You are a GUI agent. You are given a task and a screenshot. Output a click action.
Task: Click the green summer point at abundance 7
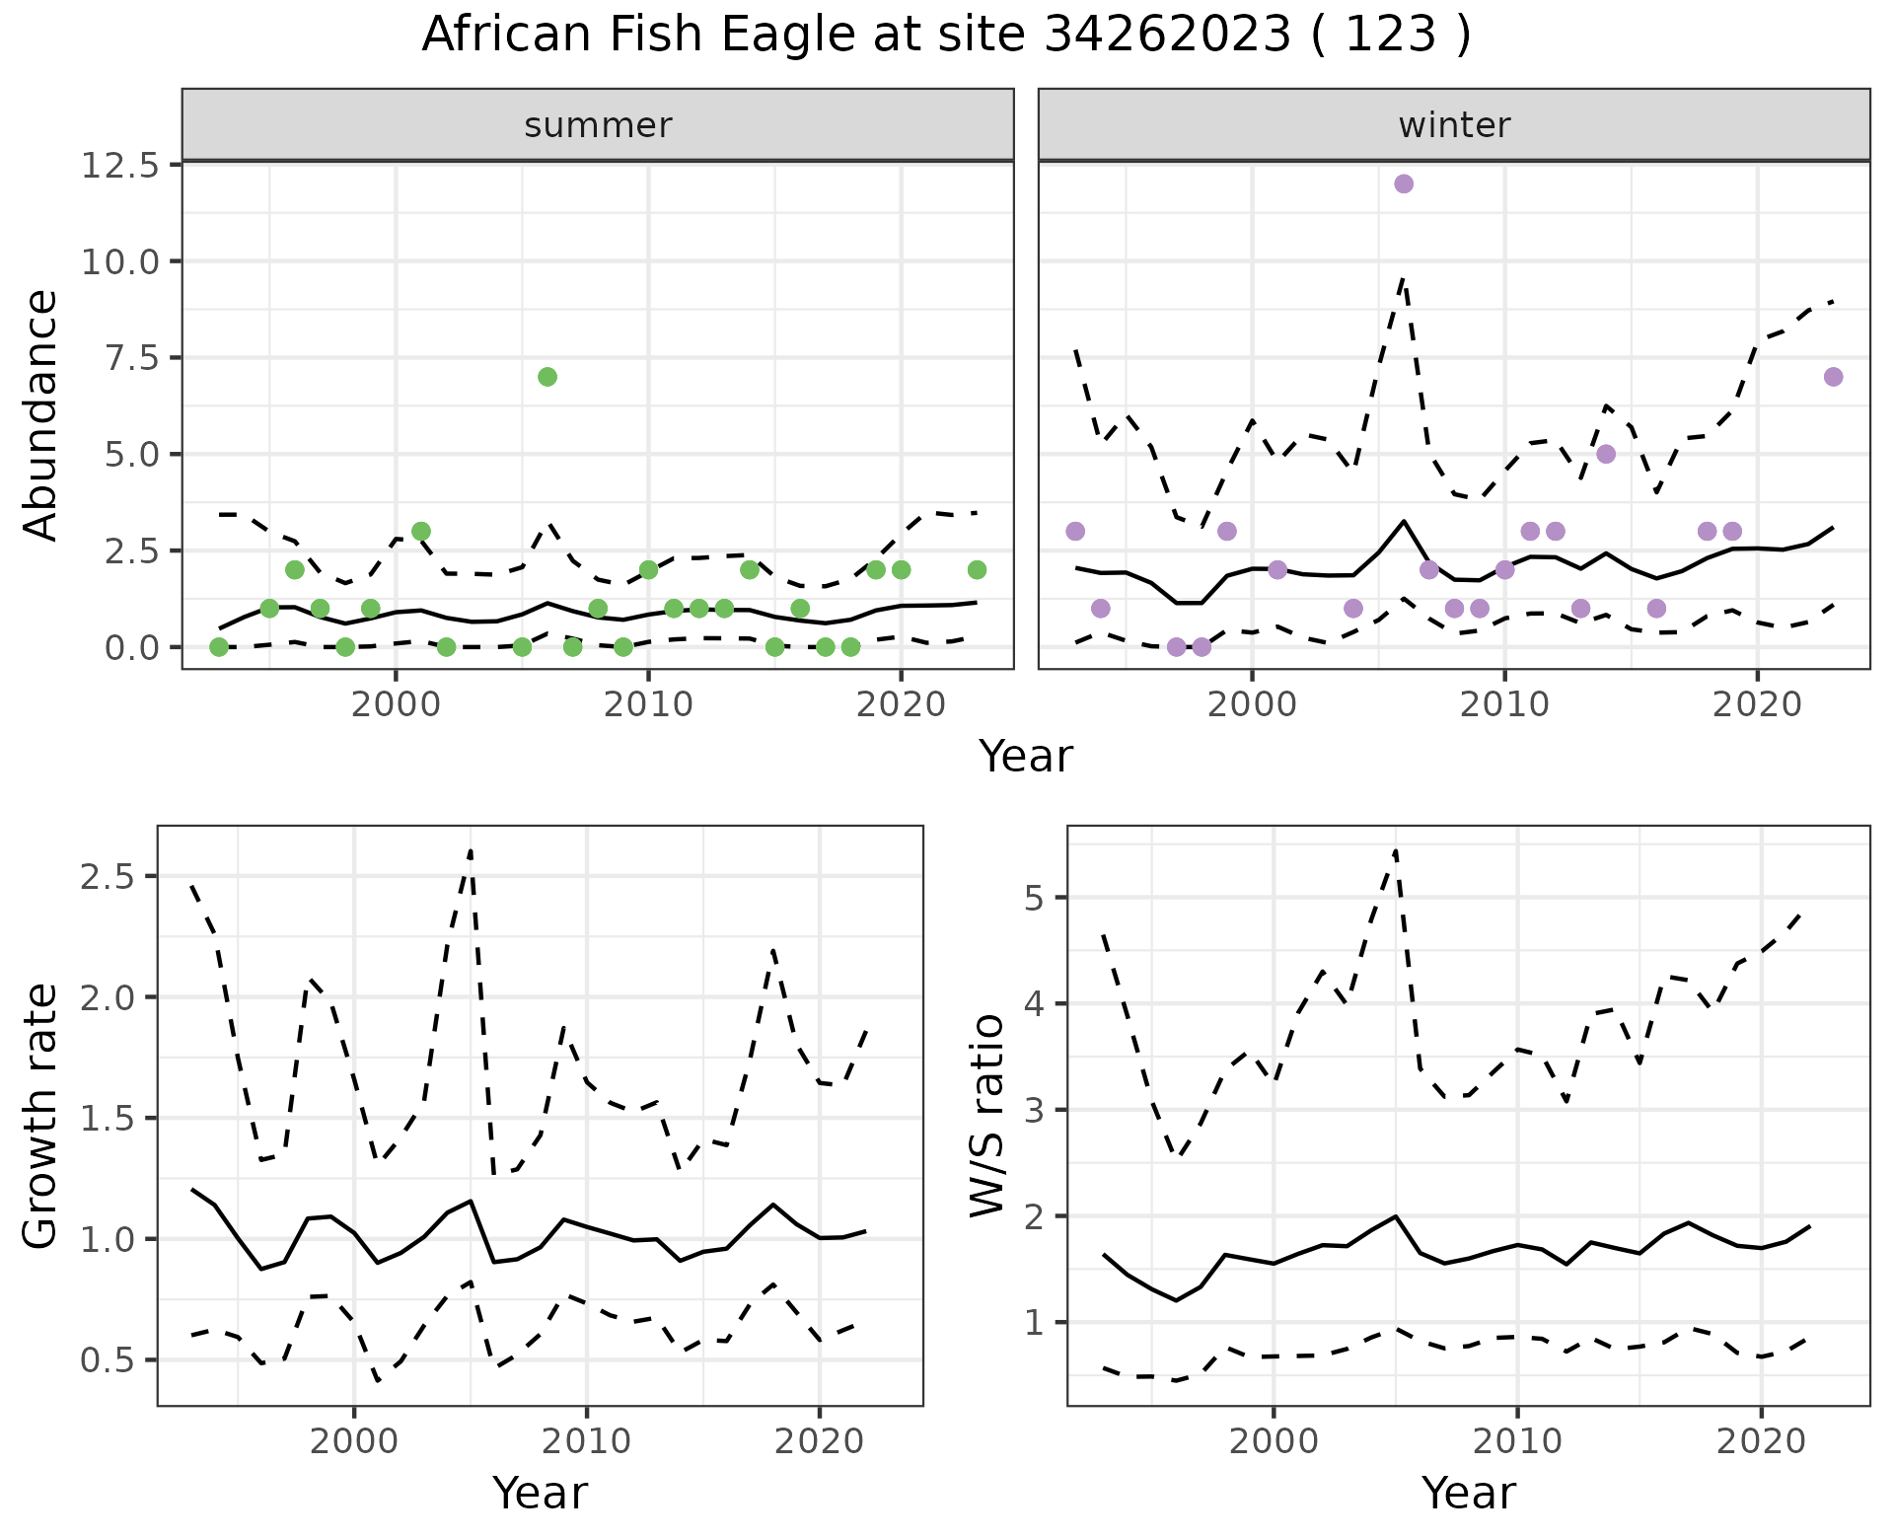click(x=547, y=377)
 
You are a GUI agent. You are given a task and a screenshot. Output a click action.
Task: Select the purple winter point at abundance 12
click(x=1404, y=183)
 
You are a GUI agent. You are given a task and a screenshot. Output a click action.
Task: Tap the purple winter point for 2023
click(x=1833, y=377)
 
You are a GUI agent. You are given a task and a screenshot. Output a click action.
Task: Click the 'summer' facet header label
click(x=598, y=125)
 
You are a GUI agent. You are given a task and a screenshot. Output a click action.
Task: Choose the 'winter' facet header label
click(x=1454, y=125)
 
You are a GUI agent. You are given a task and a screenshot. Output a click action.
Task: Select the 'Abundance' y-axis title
click(x=41, y=414)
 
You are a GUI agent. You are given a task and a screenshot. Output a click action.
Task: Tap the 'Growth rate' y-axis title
click(x=41, y=1116)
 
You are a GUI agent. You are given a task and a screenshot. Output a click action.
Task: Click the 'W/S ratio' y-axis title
click(x=987, y=1116)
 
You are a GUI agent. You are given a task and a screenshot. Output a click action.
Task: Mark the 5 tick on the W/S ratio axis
click(x=1036, y=898)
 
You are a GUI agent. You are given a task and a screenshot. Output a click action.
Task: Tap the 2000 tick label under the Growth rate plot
click(x=354, y=1441)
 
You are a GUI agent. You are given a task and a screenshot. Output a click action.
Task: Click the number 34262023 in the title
click(x=1167, y=36)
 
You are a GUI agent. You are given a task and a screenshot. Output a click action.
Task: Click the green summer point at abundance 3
click(x=421, y=531)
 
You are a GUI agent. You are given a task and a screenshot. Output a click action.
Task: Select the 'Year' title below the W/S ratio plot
click(x=1468, y=1493)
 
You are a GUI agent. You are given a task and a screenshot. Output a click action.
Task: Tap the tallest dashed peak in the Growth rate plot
click(x=471, y=849)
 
